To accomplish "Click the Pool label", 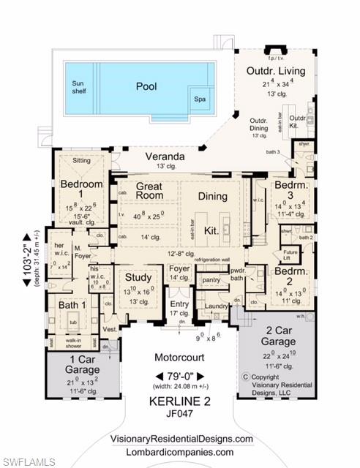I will coord(146,86).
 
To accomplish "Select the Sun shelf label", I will coord(78,88).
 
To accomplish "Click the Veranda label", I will coord(164,156).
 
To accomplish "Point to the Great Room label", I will coord(149,192).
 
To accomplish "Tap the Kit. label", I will coord(211,230).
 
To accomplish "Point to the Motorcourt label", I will coord(179,358).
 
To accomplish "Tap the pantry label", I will coord(211,279).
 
